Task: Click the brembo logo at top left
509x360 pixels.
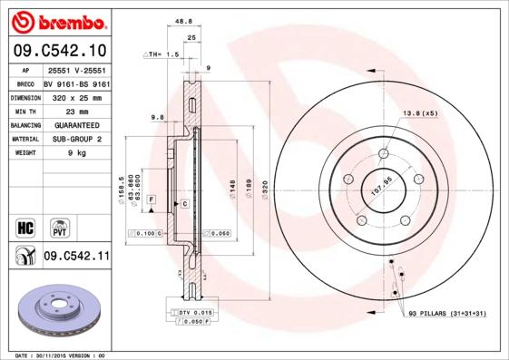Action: pos(56,19)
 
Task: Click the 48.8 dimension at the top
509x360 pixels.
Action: pos(183,22)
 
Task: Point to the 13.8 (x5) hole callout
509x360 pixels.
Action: pos(419,113)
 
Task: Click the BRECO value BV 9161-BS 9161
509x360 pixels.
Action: pos(76,82)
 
